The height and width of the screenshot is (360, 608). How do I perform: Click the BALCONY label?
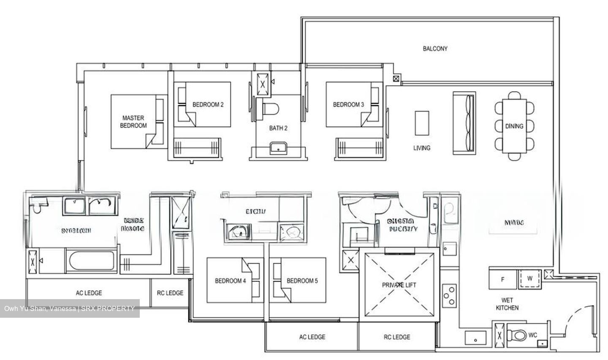pyautogui.click(x=435, y=49)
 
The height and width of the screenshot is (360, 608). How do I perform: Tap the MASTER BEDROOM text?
pyautogui.click(x=133, y=122)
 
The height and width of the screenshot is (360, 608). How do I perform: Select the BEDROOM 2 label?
pyautogui.click(x=208, y=104)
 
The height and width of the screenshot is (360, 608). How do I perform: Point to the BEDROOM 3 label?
pyautogui.click(x=348, y=104)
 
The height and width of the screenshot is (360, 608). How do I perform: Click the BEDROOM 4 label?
pyautogui.click(x=231, y=281)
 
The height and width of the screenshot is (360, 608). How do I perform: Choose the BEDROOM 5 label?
pyautogui.click(x=302, y=281)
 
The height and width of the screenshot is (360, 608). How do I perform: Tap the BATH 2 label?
pyautogui.click(x=278, y=128)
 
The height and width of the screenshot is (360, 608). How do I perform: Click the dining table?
pyautogui.click(x=514, y=126)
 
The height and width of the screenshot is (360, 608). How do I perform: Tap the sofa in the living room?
pyautogui.click(x=464, y=123)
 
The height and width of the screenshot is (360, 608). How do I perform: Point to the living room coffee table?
pyautogui.click(x=422, y=123)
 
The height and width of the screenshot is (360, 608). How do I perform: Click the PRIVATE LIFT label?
pyautogui.click(x=399, y=285)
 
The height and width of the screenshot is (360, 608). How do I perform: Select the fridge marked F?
pyautogui.click(x=502, y=279)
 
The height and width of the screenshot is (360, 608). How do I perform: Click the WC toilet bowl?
pyautogui.click(x=516, y=335)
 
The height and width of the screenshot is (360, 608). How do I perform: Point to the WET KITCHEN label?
pyautogui.click(x=507, y=304)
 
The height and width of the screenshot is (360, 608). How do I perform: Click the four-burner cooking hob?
pyautogui.click(x=449, y=296)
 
